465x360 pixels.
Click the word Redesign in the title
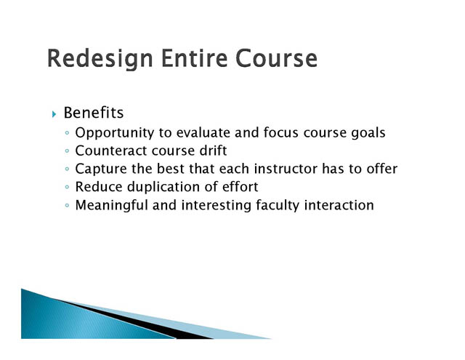pos(100,59)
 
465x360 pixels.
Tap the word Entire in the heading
pos(195,57)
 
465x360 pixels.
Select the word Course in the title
pos(277,58)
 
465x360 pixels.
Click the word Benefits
pos(94,113)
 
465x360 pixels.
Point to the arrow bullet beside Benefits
pos(54,114)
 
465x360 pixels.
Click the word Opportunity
pos(115,133)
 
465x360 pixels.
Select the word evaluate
pos(203,132)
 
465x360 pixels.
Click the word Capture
pos(101,169)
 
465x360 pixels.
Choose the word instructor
pos(286,169)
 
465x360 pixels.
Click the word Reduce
pos(99,187)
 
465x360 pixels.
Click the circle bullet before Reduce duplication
pos(67,187)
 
